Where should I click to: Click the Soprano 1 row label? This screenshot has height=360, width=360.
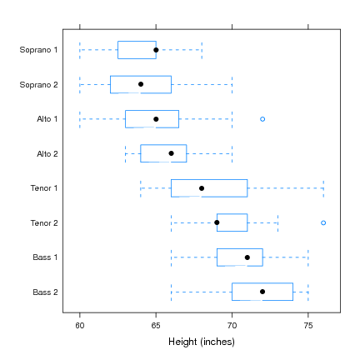[39, 50]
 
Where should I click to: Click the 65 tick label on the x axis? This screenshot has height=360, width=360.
[156, 325]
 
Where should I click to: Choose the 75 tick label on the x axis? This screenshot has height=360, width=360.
[308, 325]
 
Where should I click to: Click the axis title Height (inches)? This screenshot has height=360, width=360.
[201, 342]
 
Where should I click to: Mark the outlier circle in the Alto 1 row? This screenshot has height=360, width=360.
[262, 119]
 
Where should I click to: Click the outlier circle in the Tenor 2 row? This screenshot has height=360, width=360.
[323, 222]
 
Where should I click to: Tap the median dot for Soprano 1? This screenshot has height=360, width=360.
[156, 50]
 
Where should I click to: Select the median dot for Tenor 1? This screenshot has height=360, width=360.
[202, 188]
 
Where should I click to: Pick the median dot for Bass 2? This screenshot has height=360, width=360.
[262, 292]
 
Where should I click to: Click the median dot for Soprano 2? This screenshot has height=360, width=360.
[141, 84]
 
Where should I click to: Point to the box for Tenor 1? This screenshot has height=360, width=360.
[209, 188]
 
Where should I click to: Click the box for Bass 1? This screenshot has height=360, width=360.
[240, 257]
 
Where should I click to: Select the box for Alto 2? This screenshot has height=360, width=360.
[163, 153]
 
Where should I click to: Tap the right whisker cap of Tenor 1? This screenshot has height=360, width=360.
[323, 188]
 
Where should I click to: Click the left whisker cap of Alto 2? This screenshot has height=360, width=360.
[126, 153]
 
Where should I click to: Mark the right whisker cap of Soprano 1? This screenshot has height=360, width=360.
[202, 50]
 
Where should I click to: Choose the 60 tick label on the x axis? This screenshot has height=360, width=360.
[80, 325]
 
